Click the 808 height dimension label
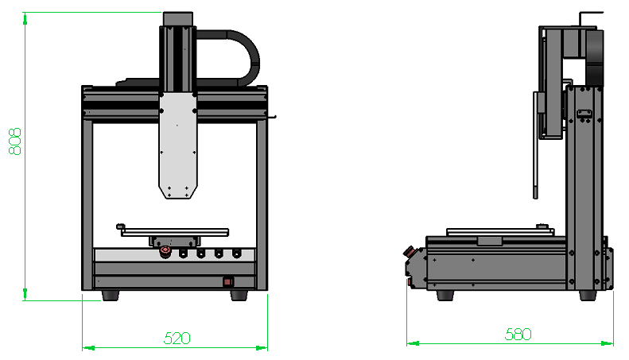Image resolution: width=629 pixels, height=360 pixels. tap(14, 141)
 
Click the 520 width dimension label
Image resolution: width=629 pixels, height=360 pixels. tap(177, 339)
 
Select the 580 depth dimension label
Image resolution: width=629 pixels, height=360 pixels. tap(518, 334)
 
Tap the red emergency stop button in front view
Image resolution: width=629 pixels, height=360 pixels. tap(165, 252)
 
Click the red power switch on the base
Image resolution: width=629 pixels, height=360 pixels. tap(228, 282)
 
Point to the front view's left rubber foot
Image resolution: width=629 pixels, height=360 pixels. tap(111, 296)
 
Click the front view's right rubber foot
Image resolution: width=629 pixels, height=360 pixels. tap(239, 296)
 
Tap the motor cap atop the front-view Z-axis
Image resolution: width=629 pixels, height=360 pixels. tap(177, 19)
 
